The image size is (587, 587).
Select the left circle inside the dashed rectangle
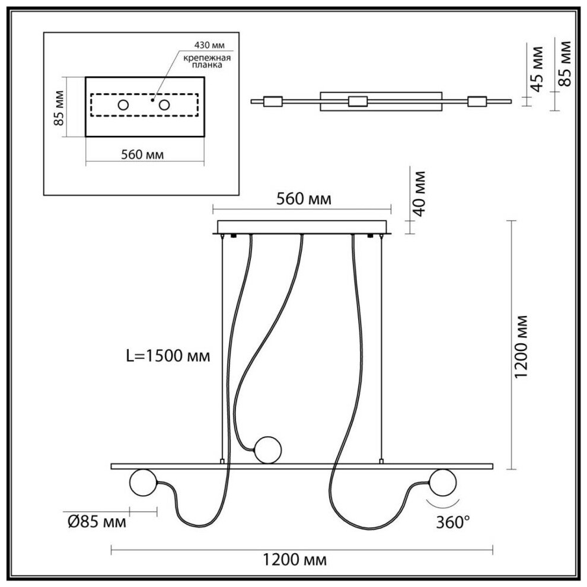[x=123, y=106]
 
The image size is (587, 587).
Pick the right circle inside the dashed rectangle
[x=163, y=106]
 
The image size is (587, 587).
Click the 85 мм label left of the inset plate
[x=58, y=107]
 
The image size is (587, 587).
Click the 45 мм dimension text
[x=537, y=67]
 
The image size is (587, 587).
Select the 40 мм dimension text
[x=419, y=193]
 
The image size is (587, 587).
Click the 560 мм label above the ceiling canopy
[x=302, y=199]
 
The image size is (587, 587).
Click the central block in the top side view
[x=358, y=101]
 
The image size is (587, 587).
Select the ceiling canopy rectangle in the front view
[x=302, y=227]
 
